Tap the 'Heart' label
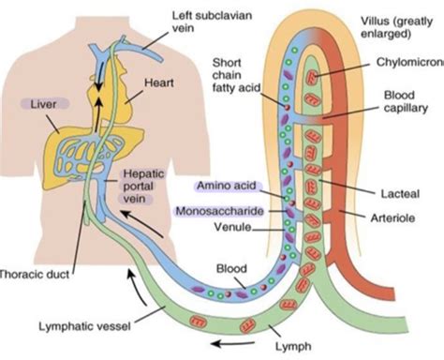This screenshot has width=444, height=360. point(159,83)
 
